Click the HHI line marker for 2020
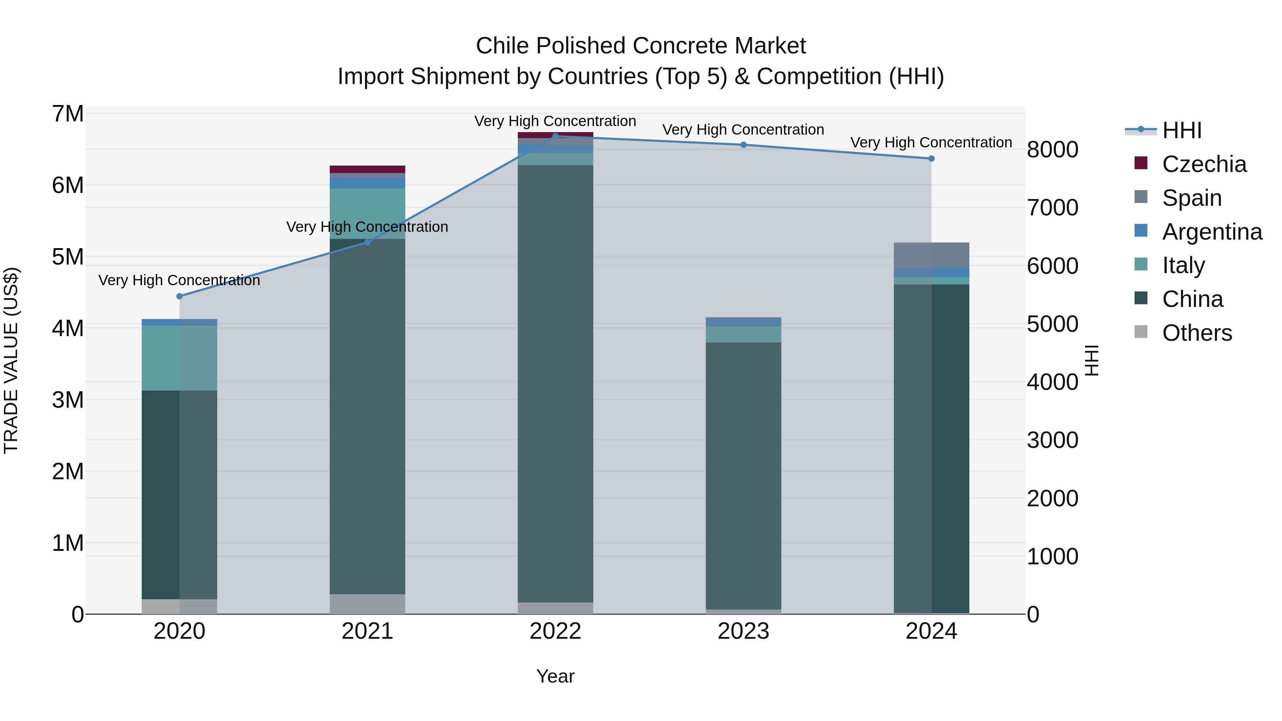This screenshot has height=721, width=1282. (180, 296)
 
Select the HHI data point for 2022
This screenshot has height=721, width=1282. (556, 136)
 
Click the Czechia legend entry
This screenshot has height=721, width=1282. (1204, 164)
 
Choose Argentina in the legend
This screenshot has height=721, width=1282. (1212, 232)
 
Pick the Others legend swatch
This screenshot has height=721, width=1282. (1141, 332)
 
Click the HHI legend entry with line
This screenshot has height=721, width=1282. (1182, 130)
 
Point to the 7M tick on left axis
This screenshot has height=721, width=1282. (68, 114)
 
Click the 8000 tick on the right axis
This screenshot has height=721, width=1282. (1052, 150)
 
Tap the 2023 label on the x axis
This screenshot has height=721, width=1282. (743, 631)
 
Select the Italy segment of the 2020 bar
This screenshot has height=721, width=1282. (180, 358)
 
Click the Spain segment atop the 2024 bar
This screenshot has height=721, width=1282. (931, 255)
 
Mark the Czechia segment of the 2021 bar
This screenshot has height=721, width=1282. (367, 169)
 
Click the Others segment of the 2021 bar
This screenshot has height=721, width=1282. (367, 604)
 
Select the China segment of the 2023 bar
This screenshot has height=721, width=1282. (743, 475)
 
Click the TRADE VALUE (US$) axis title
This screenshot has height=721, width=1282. (11, 360)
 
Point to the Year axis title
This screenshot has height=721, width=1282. (556, 676)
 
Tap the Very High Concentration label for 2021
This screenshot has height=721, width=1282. (367, 227)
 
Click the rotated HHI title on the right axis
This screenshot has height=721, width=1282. (1091, 360)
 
